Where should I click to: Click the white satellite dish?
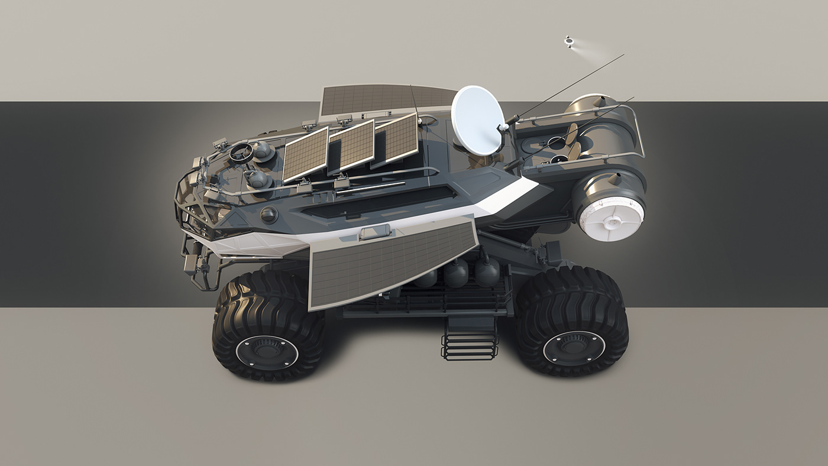[477, 120]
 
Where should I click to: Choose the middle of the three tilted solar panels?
[352, 145]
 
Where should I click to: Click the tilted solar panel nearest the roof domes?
[305, 154]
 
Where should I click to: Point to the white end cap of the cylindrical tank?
[610, 218]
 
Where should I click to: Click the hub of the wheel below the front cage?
[267, 352]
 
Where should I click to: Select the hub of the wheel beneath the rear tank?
[574, 347]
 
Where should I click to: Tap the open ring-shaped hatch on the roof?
[241, 153]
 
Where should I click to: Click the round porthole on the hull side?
[269, 215]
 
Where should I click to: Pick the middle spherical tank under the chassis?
[455, 273]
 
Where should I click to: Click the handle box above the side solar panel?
[374, 232]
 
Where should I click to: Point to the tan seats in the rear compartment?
[573, 142]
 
